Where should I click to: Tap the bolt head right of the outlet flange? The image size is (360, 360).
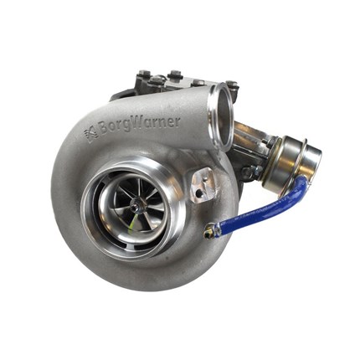232,85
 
